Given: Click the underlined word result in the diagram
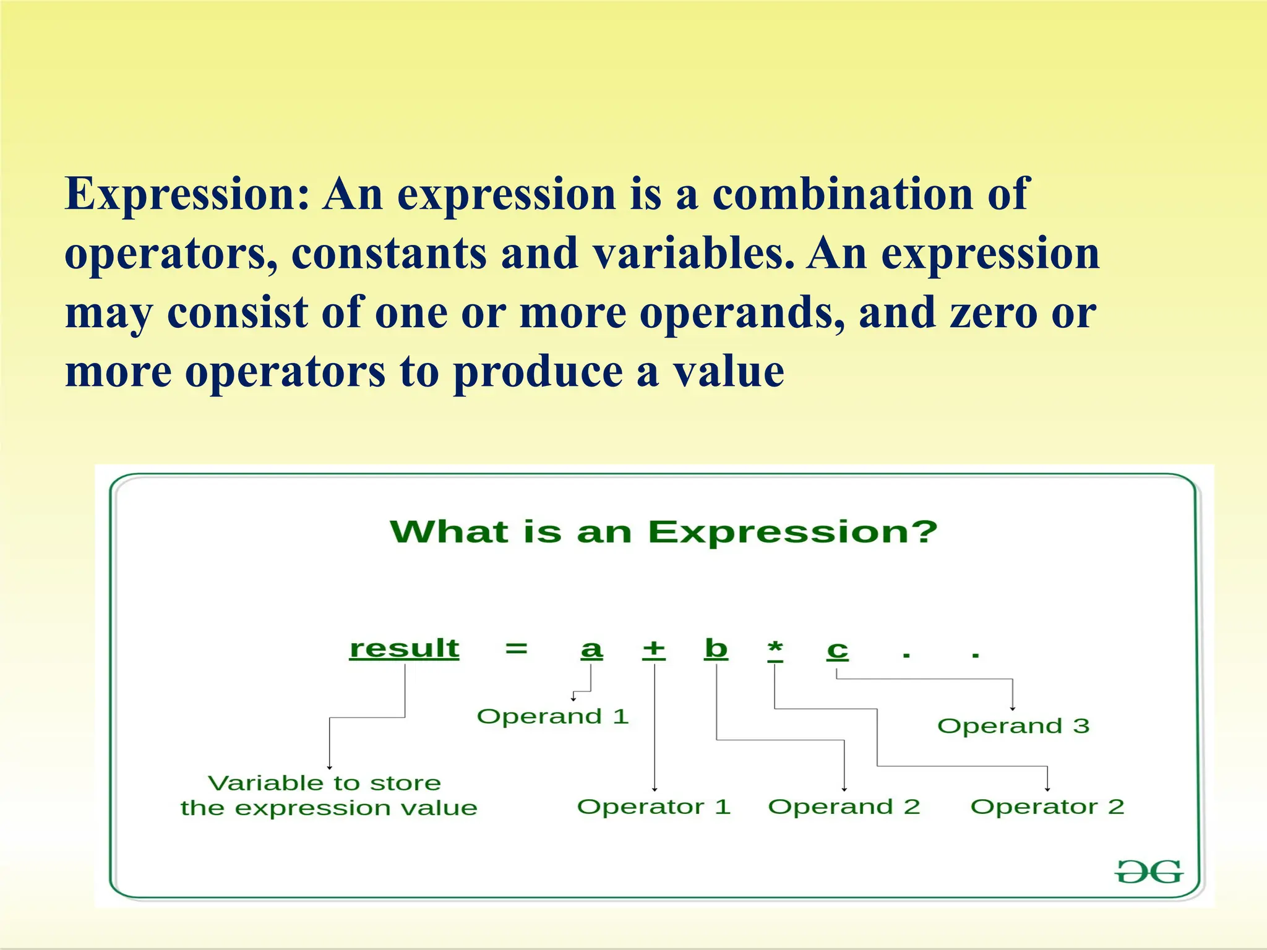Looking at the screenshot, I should click(404, 648).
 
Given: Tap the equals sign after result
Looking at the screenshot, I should click(516, 649).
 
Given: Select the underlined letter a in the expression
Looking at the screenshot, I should click(591, 649).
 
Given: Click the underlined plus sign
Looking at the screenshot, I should click(654, 649).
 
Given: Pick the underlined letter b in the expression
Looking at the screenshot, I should click(716, 648).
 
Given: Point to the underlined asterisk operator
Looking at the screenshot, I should click(775, 650).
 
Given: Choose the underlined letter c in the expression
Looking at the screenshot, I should click(838, 650).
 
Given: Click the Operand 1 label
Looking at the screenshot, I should click(552, 716).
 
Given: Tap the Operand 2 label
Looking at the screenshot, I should click(844, 807).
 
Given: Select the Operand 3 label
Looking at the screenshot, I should click(1013, 725).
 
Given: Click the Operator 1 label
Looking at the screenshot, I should click(654, 807).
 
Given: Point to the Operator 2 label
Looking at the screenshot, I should click(1047, 807).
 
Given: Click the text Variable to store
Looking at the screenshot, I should click(325, 783).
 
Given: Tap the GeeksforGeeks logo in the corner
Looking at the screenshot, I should click(1148, 873).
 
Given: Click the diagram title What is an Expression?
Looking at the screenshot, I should click(663, 532).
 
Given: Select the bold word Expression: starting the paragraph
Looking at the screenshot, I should click(186, 194).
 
